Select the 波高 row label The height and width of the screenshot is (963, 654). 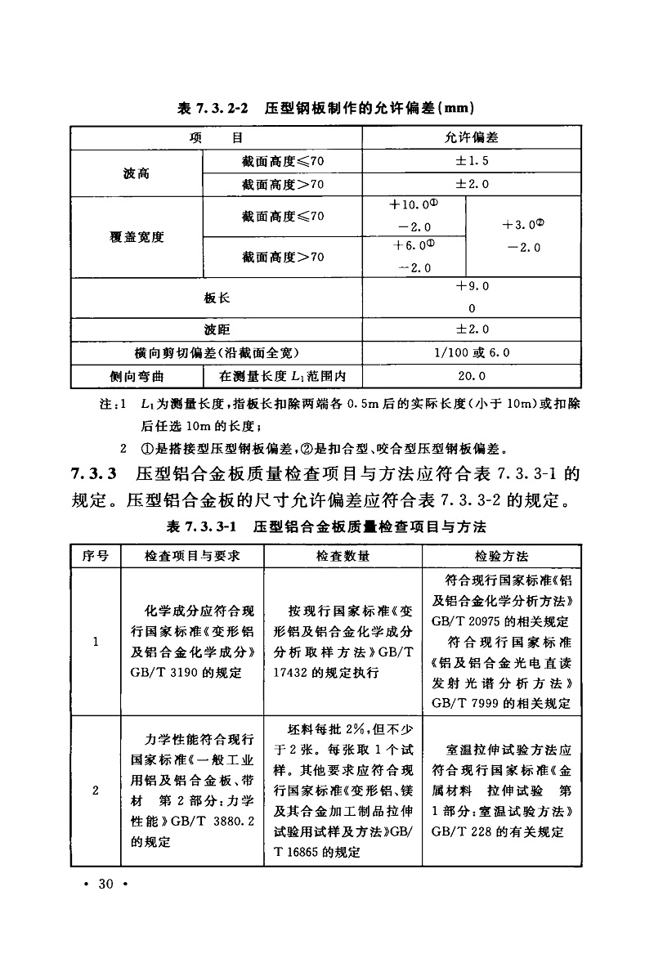click(x=137, y=173)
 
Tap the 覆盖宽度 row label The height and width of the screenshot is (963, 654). click(x=137, y=237)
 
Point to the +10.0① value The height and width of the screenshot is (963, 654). click(x=415, y=204)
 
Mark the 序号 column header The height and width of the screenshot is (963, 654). click(x=96, y=556)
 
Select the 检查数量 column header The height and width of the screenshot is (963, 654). click(x=343, y=556)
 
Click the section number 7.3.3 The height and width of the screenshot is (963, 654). click(x=96, y=473)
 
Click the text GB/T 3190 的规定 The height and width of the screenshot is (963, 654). click(x=186, y=673)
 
